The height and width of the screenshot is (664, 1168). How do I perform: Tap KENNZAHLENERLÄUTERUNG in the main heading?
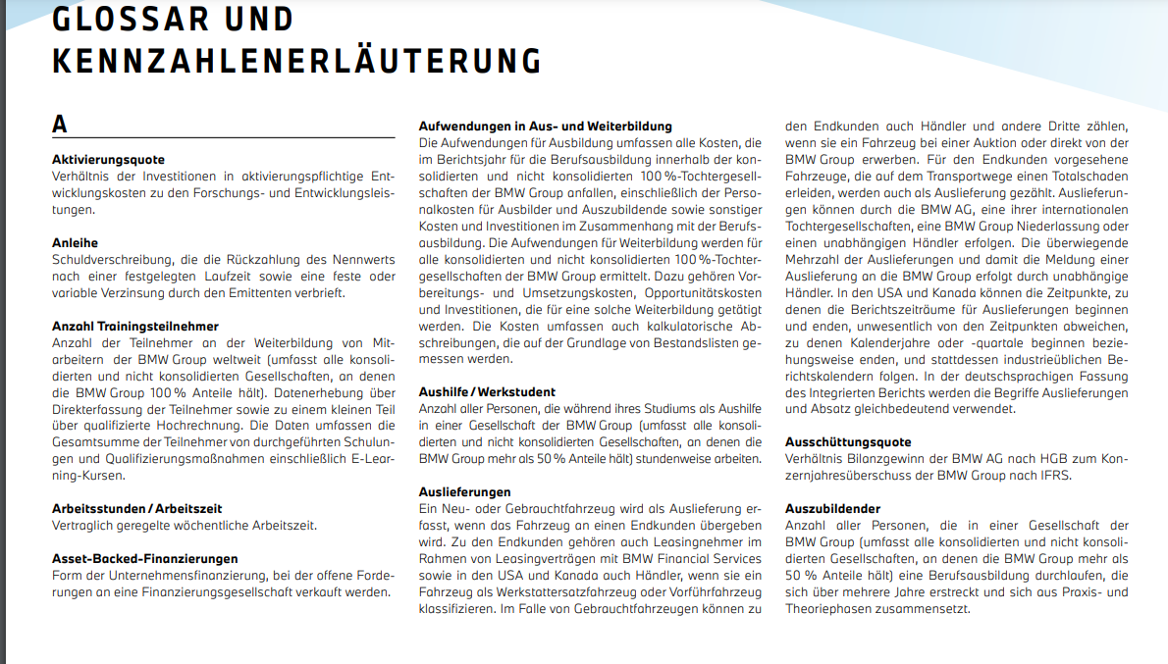click(x=296, y=61)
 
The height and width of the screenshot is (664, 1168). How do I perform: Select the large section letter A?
click(x=60, y=125)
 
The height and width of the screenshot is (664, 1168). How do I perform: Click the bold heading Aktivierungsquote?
click(x=108, y=159)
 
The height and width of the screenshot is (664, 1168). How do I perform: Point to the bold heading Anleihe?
click(x=75, y=242)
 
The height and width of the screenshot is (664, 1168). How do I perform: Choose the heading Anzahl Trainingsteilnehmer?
click(x=134, y=326)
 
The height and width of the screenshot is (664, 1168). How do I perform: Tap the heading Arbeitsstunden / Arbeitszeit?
click(x=136, y=508)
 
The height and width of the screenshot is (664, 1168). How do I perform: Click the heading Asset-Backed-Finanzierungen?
click(x=144, y=558)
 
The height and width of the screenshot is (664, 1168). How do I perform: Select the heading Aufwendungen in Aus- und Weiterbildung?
click(x=545, y=126)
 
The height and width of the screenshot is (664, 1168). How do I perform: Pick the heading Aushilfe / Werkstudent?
click(x=487, y=391)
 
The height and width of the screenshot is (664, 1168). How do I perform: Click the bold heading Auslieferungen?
click(x=464, y=491)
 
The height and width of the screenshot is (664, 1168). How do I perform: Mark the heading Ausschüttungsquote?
click(x=848, y=441)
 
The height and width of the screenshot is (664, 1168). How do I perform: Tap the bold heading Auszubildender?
click(x=832, y=508)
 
